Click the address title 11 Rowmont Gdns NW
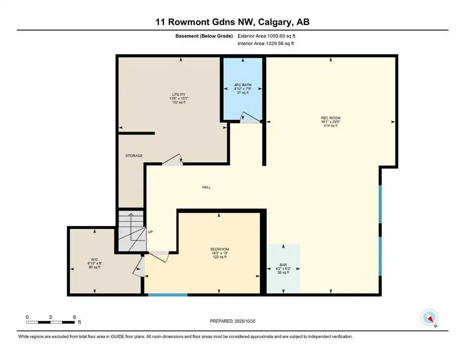point(232,22)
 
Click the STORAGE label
point(134,156)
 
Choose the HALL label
point(206,187)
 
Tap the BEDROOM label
point(219,249)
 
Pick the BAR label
point(283,264)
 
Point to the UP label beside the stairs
point(150,232)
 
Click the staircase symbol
point(130,232)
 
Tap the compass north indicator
point(429,318)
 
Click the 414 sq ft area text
point(331,126)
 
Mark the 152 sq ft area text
point(177,102)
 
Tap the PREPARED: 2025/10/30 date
point(232,321)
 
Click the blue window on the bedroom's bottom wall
point(168,294)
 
